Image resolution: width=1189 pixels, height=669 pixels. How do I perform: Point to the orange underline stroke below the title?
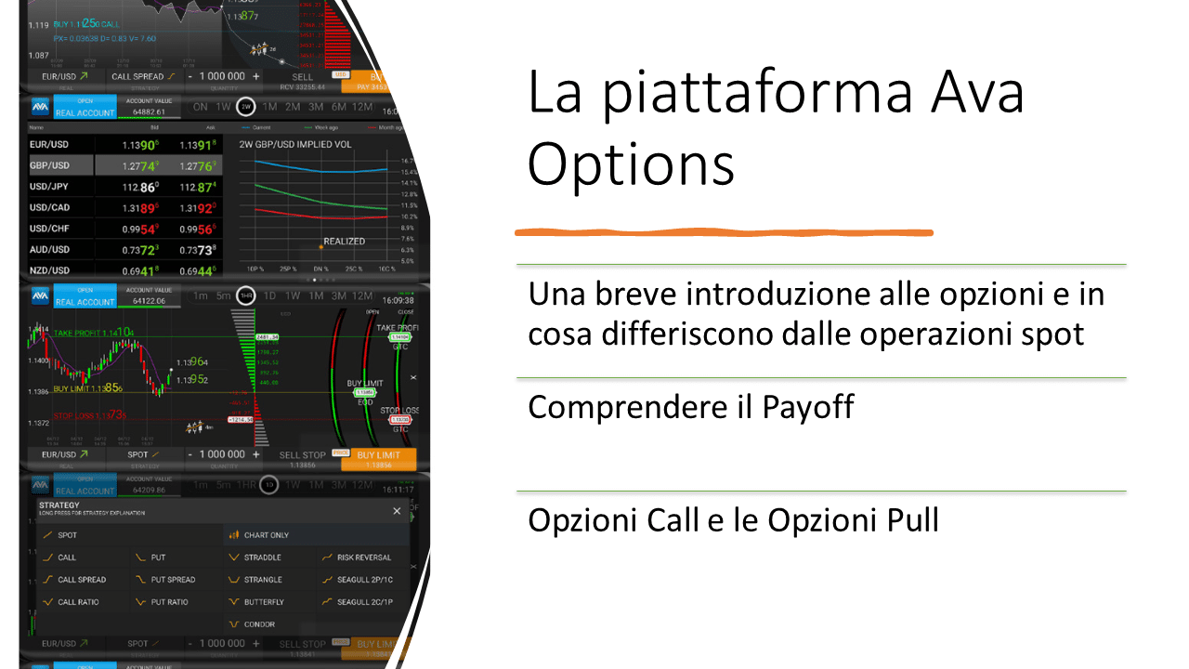click(x=724, y=232)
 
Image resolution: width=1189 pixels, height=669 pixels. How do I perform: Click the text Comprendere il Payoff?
click(x=690, y=407)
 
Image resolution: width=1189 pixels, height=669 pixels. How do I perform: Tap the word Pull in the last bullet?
click(x=906, y=520)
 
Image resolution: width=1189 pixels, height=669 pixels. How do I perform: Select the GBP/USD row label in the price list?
click(x=50, y=165)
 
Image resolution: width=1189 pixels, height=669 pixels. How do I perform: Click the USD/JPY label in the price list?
click(x=49, y=187)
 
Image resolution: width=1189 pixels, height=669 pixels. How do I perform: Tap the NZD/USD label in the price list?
click(x=50, y=270)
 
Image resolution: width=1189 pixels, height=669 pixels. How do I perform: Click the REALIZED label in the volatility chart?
click(x=344, y=242)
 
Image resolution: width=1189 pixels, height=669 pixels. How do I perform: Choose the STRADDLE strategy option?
click(x=262, y=557)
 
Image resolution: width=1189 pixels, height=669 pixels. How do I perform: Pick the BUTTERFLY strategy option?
click(x=264, y=602)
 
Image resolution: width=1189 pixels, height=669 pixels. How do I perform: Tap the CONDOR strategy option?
click(x=259, y=624)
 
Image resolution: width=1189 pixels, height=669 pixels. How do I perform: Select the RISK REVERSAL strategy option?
click(x=363, y=557)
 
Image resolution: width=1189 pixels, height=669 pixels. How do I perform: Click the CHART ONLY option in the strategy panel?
click(x=266, y=535)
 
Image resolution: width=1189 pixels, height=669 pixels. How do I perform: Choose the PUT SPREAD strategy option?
click(x=173, y=580)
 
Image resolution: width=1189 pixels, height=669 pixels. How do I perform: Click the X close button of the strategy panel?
click(x=397, y=511)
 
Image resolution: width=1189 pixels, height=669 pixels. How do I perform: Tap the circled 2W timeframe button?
click(x=246, y=107)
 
